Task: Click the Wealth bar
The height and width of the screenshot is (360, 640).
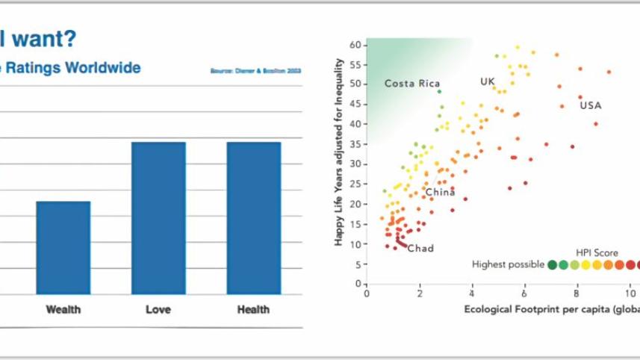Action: coord(63,247)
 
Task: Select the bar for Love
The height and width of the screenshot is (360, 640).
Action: coord(158,218)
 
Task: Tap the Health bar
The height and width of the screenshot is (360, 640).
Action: coord(253,218)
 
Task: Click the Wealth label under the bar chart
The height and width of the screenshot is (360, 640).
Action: coord(63,308)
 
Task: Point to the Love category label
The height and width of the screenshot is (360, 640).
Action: coord(158,308)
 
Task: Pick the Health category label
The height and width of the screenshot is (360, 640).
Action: coord(253,308)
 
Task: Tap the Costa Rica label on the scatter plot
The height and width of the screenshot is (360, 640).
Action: coord(411,84)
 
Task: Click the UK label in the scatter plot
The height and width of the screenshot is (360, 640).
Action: coord(488,81)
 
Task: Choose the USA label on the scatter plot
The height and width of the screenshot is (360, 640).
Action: coord(590,105)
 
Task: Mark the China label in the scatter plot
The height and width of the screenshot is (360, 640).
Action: coord(440,193)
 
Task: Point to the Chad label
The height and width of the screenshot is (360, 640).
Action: coord(420,248)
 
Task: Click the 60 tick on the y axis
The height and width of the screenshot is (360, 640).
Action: coord(356,44)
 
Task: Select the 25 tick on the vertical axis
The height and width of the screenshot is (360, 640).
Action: coord(356,184)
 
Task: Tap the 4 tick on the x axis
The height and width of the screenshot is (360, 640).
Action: coord(472,294)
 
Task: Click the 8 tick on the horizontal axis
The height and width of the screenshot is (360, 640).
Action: coord(577,294)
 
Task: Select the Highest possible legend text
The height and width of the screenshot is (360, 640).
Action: coord(508,264)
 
